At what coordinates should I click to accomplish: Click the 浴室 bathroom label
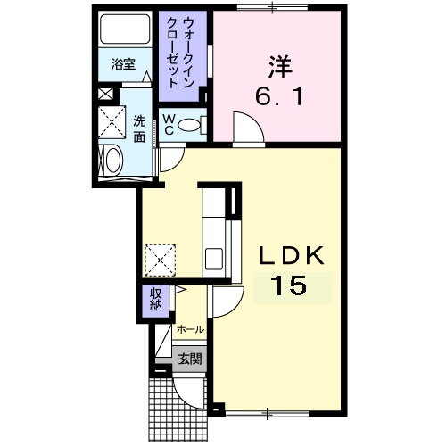(122, 64)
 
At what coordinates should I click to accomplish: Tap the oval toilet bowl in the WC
(190, 126)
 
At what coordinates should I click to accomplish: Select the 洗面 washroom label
(140, 129)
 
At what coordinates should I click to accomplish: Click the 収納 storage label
(155, 301)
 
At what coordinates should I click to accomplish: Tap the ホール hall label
(190, 329)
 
